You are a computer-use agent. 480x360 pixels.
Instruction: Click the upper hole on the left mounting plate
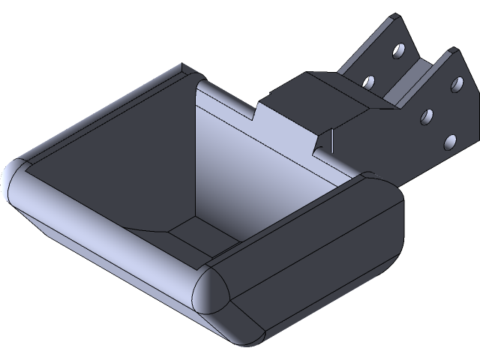point(397,51)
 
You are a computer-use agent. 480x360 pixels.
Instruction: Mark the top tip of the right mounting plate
point(452,51)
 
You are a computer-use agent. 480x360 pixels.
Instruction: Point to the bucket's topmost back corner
point(184,71)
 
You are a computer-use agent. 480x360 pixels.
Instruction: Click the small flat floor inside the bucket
point(200,232)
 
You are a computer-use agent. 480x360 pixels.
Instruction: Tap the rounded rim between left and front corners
point(105,232)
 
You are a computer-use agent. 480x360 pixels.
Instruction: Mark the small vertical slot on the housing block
point(328,142)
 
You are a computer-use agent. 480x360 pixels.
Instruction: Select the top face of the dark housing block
point(315,90)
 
